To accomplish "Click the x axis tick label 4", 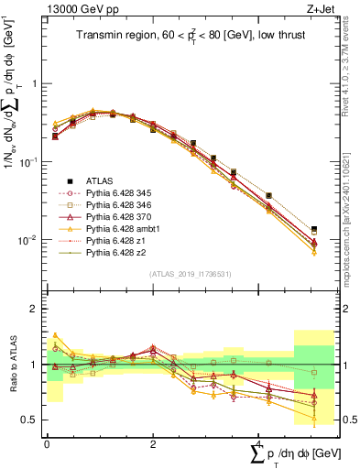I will (x=259, y=443).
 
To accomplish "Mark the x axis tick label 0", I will (x=47, y=443).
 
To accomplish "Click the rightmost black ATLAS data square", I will (x=314, y=229).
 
